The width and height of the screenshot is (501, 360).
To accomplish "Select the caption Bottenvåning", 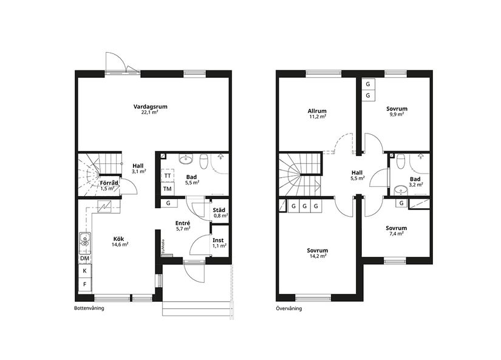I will pos(89,308).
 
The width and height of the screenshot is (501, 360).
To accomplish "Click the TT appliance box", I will pos(167,175).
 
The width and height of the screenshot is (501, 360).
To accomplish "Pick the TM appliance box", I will pos(167,189).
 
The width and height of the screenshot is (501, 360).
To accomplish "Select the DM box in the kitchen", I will pos(84,258).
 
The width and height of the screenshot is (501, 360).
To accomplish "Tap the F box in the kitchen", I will pos(84,284).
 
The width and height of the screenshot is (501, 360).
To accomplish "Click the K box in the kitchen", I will pos(84,271).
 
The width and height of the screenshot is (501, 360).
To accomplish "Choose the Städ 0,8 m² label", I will pos(220,212).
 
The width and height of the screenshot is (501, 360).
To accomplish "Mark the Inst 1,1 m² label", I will pos(219,243).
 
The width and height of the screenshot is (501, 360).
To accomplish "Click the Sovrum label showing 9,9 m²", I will pos(397,111).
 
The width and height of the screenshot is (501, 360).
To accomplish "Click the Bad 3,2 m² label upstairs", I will pos(415,181).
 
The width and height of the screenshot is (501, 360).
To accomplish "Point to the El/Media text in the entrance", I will pos(163,246).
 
